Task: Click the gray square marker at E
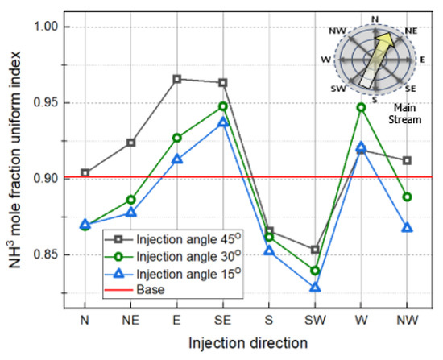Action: pos(177,79)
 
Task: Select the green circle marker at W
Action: pos(362,107)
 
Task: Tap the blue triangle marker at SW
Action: pos(316,288)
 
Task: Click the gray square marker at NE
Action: pos(131,143)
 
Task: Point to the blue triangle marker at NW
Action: pos(408,228)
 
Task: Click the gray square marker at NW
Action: pos(408,160)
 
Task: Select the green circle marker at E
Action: pos(177,138)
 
